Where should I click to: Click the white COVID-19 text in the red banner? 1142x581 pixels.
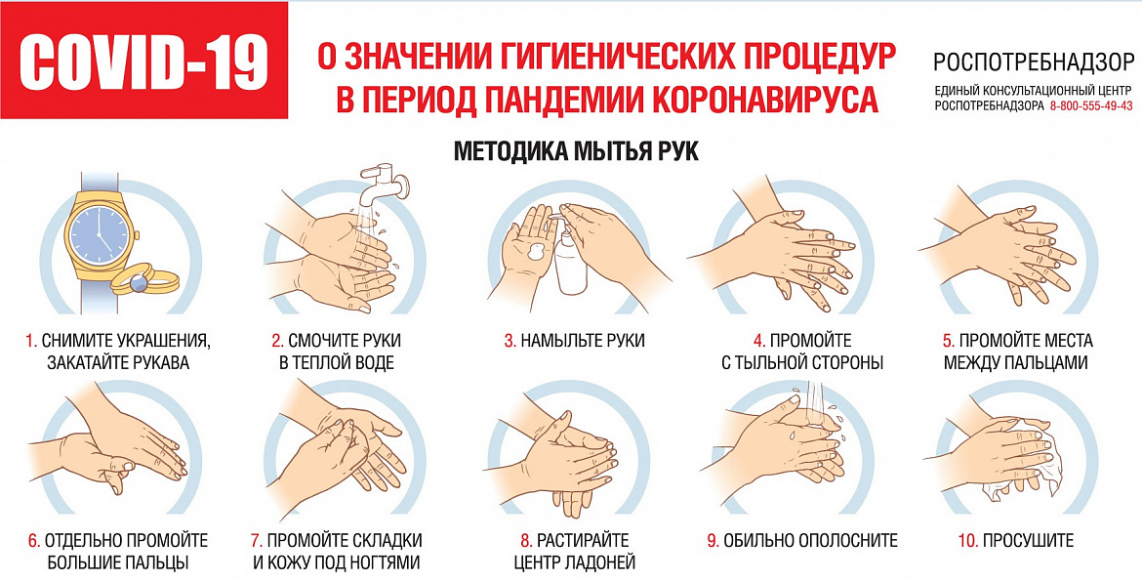[143, 61]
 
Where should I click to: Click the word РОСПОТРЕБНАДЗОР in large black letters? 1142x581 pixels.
[1033, 62]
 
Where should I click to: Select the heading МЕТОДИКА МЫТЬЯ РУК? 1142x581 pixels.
[576, 151]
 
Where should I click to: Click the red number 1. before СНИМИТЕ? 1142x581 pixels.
[31, 341]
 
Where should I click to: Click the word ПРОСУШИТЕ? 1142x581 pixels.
[1029, 540]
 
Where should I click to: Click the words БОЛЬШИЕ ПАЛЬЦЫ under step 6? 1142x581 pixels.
[119, 562]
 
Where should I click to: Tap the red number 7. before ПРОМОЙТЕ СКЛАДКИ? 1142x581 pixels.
[256, 540]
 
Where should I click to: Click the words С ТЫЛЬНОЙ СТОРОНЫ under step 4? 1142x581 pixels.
[802, 362]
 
